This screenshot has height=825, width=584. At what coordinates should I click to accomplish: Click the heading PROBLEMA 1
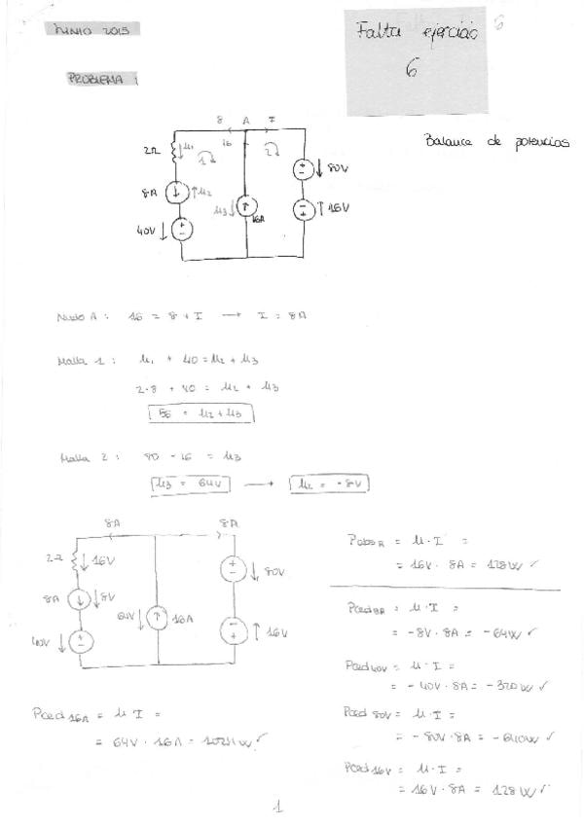click(101, 81)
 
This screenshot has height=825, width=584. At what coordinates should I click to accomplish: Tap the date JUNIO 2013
click(93, 30)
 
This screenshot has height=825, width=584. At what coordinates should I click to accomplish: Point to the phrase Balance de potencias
click(496, 141)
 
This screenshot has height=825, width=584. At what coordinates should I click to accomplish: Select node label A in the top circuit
click(246, 120)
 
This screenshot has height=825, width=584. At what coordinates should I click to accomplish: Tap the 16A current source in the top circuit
click(246, 206)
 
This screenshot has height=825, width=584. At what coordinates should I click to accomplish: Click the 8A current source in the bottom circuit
click(82, 600)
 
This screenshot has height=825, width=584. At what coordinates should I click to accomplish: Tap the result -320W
click(512, 686)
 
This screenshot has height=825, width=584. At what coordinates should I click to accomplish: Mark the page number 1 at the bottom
click(277, 807)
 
